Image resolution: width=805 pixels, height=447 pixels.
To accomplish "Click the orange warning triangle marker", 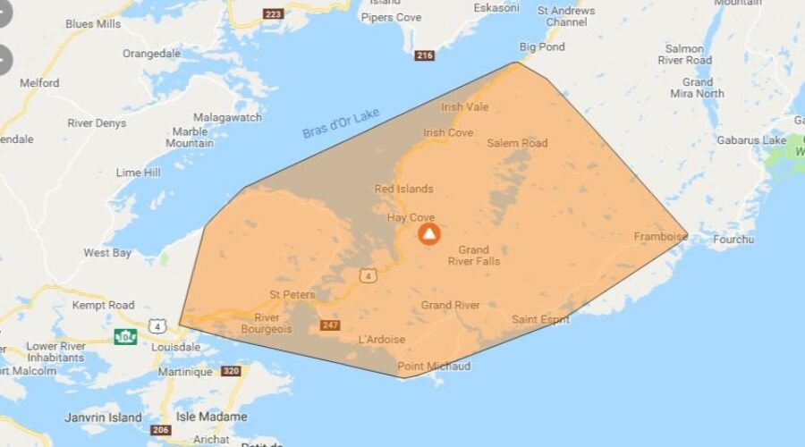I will pyautogui.click(x=430, y=234).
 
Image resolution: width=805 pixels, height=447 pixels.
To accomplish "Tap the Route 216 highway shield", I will pyautogui.click(x=425, y=55).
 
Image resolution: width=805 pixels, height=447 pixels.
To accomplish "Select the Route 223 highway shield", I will pyautogui.click(x=272, y=13).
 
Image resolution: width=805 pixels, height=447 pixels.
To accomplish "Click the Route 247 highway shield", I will pyautogui.click(x=331, y=325).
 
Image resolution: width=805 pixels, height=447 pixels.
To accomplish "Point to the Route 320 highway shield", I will pyautogui.click(x=231, y=370).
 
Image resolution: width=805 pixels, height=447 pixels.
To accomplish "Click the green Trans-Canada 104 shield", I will pyautogui.click(x=125, y=337).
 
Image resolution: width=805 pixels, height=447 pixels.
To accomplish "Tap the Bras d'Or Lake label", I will pyautogui.click(x=341, y=122).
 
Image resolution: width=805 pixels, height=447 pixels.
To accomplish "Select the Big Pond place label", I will pyautogui.click(x=542, y=46).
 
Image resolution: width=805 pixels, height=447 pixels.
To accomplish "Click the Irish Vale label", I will pyautogui.click(x=465, y=106).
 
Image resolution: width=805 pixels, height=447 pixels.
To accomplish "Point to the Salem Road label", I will pyautogui.click(x=517, y=143).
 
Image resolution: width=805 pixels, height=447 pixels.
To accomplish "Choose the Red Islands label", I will pyautogui.click(x=403, y=189).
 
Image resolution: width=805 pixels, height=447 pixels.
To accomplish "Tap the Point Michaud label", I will pyautogui.click(x=434, y=367).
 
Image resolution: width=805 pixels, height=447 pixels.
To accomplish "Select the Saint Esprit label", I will pyautogui.click(x=540, y=319).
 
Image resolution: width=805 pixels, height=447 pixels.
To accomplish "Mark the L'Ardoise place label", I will pyautogui.click(x=381, y=340).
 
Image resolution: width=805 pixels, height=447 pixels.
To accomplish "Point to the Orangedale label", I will pyautogui.click(x=152, y=54).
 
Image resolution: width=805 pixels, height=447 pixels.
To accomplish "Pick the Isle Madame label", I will pyautogui.click(x=211, y=417).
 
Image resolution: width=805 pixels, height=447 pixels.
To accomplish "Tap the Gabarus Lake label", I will pyautogui.click(x=750, y=139).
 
